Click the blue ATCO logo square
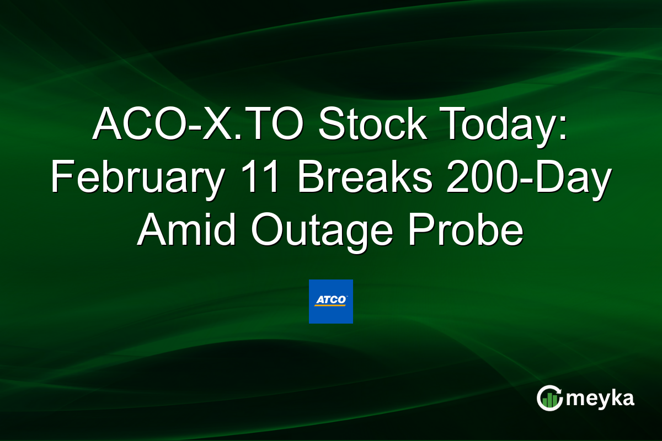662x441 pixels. [330, 302]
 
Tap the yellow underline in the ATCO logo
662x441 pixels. [329, 305]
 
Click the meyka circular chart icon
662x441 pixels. [549, 398]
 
